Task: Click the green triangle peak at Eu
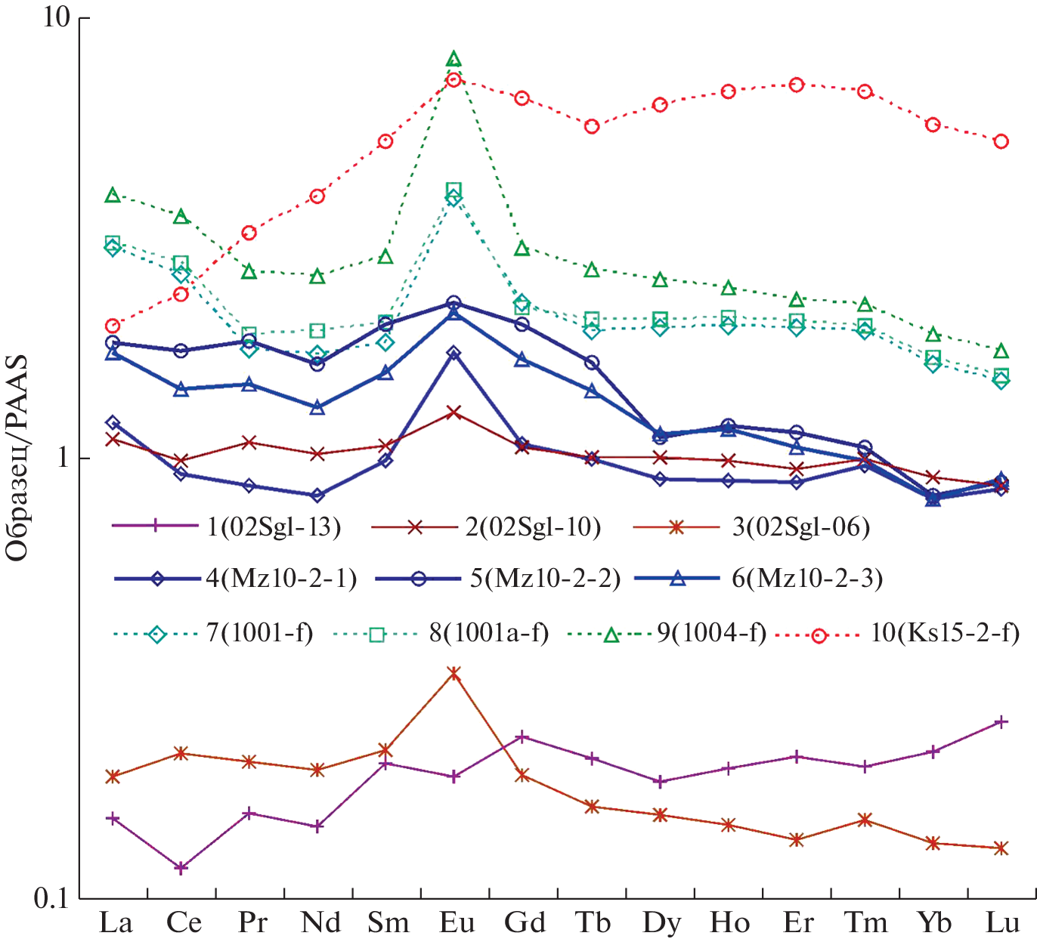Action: (x=453, y=60)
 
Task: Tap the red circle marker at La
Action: (x=113, y=326)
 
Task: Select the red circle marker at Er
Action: (x=796, y=85)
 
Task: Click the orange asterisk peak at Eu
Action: (x=453, y=673)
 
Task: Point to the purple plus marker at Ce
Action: (x=181, y=868)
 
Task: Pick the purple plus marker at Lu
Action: (x=1001, y=722)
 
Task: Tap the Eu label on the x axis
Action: (x=457, y=923)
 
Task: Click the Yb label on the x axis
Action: (x=934, y=923)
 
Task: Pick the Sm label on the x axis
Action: (x=388, y=923)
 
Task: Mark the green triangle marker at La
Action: (x=113, y=196)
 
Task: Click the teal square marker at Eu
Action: (x=453, y=190)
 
